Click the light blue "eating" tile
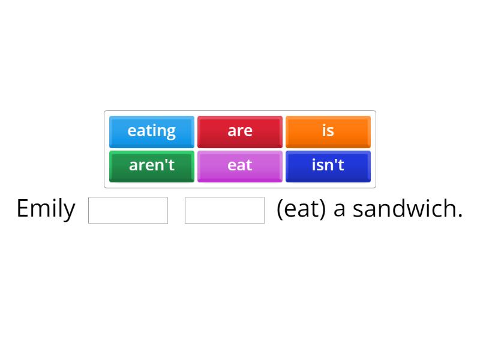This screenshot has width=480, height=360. pos(152,131)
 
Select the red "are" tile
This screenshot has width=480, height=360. pos(240,131)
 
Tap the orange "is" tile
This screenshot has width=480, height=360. pos(328,131)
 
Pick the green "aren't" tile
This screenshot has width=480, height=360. pos(152,165)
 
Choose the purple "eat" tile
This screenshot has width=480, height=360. pos(240,165)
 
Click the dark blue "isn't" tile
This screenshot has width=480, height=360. pos(328,165)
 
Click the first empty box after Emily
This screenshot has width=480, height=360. pos(128,210)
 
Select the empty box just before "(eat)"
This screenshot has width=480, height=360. pos(224,210)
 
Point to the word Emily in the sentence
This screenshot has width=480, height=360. pos(46,209)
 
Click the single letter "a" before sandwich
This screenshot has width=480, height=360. pos(340,209)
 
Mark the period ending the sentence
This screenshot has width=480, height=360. pos(460,216)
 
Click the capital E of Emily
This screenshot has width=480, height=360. pos(22,208)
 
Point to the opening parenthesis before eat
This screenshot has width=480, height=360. pos(280,209)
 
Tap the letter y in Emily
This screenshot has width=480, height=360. pos(70,211)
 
